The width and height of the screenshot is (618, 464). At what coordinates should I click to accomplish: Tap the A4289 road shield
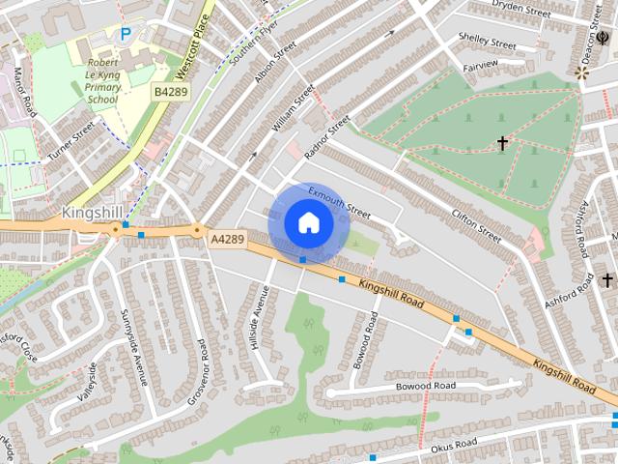click(227, 238)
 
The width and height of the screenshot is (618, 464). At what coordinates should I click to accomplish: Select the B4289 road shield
click(171, 91)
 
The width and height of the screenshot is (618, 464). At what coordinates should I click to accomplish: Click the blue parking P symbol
click(125, 34)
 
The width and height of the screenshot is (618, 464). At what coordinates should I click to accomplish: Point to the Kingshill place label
click(94, 212)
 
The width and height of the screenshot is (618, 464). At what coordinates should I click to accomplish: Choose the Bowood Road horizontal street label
click(425, 386)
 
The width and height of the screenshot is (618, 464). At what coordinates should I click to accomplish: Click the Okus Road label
click(453, 446)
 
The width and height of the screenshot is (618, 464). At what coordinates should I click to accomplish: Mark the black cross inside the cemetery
click(502, 143)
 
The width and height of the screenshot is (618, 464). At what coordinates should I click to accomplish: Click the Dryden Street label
click(520, 9)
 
